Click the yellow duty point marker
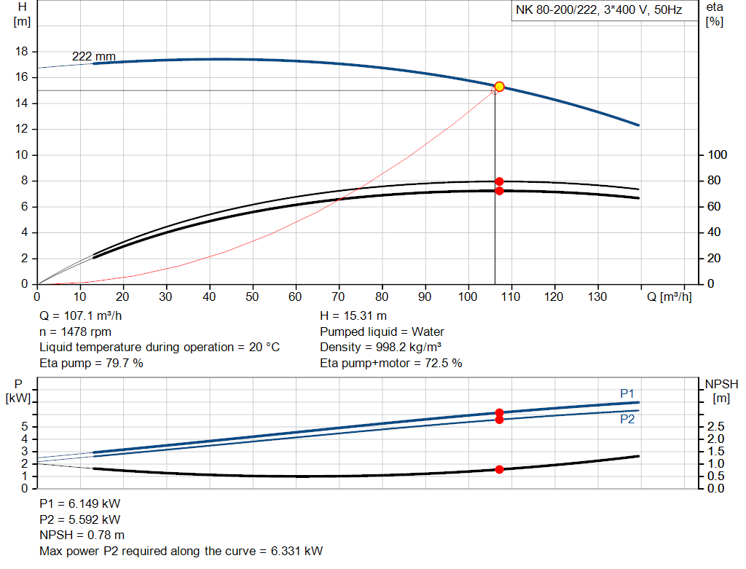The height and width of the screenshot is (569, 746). point(499,87)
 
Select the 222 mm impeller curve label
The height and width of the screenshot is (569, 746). point(93,57)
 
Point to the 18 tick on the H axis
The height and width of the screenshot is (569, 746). point(22,52)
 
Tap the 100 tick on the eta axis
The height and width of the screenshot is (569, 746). point(717,155)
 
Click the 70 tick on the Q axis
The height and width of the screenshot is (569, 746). point(339,297)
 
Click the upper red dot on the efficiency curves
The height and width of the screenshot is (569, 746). point(499,181)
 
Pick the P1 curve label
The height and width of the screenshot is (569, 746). point(627,393)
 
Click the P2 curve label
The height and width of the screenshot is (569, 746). point(627,420)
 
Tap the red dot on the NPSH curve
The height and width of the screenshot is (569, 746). point(499,469)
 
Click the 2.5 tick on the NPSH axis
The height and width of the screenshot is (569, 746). point(715,426)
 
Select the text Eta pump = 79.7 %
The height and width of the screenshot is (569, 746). point(91,363)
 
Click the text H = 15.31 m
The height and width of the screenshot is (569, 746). point(353,315)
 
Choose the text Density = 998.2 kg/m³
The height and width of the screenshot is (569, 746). point(381,347)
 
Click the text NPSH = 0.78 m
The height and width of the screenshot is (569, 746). point(82,535)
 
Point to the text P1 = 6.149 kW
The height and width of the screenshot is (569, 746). point(80,504)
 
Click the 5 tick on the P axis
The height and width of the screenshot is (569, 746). point(26,426)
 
